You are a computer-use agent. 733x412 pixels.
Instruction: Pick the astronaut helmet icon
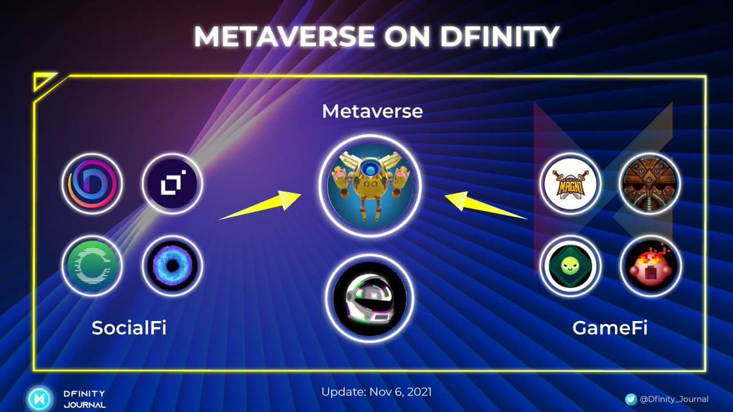click(369, 298)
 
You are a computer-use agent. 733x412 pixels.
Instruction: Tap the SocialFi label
click(129, 328)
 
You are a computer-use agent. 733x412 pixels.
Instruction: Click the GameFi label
click(609, 328)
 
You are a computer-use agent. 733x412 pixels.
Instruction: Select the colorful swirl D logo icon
click(92, 184)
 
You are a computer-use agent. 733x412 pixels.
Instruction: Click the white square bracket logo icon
click(173, 184)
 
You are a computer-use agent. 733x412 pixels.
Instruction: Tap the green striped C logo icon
click(92, 266)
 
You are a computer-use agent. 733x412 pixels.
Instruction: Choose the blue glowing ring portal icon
click(173, 266)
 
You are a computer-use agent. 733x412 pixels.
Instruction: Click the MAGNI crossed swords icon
click(571, 184)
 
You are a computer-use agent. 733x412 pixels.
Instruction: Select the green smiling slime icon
click(571, 266)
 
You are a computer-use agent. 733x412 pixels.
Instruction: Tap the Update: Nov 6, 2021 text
click(376, 392)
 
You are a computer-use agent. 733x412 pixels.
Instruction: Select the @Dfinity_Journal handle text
click(674, 399)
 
